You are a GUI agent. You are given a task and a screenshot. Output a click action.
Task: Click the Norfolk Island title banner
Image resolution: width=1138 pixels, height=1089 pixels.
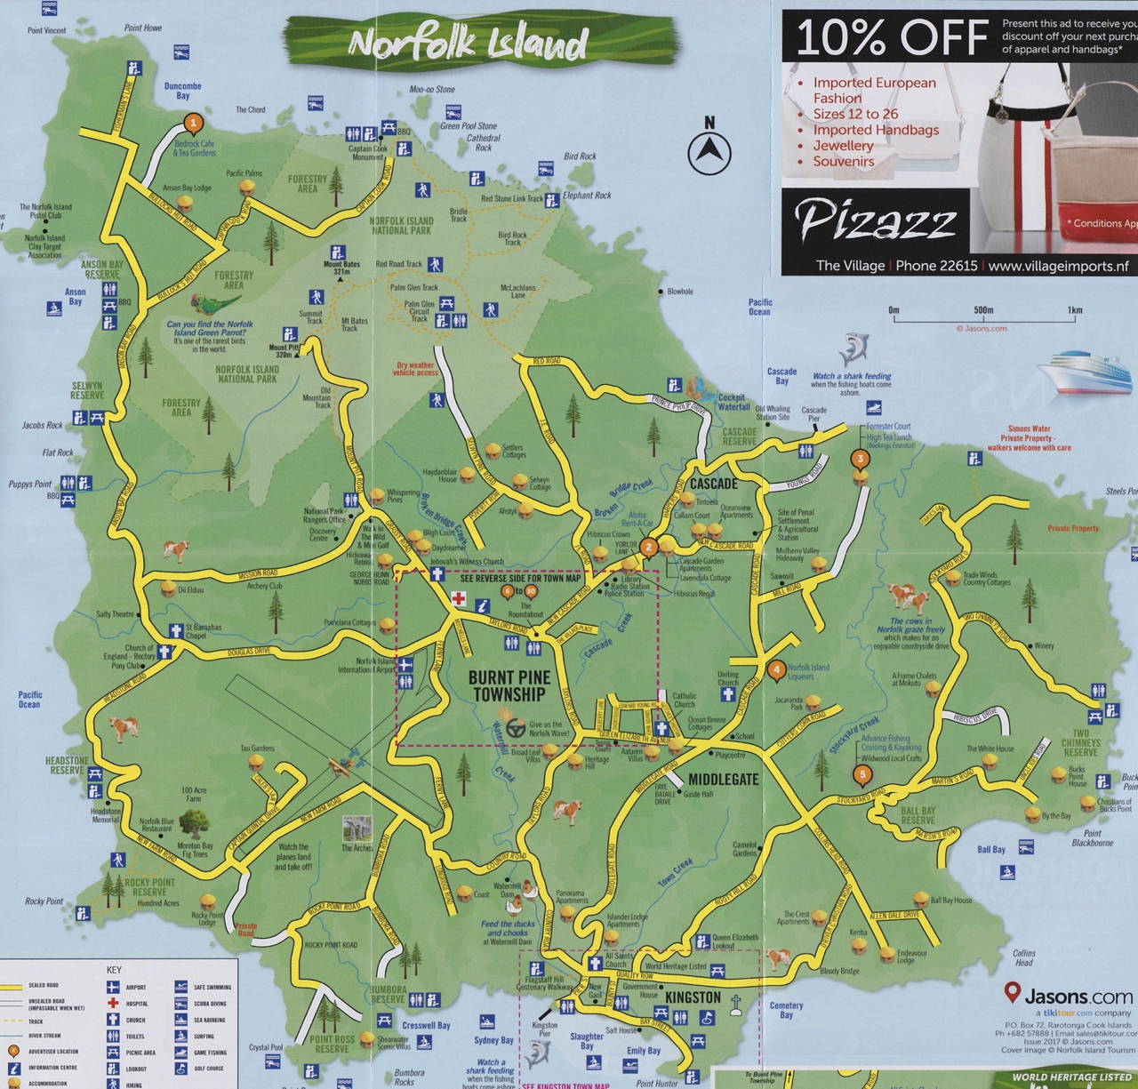469,43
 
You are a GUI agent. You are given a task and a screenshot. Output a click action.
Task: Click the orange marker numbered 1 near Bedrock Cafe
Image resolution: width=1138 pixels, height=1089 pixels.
193,124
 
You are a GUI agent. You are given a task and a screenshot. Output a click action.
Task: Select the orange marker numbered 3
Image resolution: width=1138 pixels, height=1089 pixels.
860,460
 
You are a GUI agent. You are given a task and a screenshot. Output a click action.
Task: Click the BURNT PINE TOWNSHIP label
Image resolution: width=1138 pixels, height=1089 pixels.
509,685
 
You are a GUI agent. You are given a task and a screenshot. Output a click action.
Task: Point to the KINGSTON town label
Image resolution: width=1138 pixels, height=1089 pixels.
693,997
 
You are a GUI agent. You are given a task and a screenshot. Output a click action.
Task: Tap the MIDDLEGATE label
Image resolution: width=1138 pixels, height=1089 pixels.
723,780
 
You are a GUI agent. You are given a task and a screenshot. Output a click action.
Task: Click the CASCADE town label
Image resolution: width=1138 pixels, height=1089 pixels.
714,484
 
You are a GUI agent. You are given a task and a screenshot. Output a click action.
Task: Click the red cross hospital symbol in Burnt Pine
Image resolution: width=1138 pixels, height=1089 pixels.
459,599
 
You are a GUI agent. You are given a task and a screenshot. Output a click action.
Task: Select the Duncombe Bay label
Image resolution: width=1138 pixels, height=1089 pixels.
182,91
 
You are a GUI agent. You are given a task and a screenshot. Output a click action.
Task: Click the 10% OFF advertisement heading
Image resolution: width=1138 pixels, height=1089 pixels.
892,37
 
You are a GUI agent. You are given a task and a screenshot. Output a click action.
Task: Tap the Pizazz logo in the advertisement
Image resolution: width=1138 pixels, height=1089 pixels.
875,220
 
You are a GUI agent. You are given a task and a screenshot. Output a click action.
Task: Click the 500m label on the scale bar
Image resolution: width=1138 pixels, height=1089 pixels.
982,310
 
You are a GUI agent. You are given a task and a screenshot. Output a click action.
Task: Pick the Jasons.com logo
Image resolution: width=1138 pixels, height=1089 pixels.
1068,996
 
